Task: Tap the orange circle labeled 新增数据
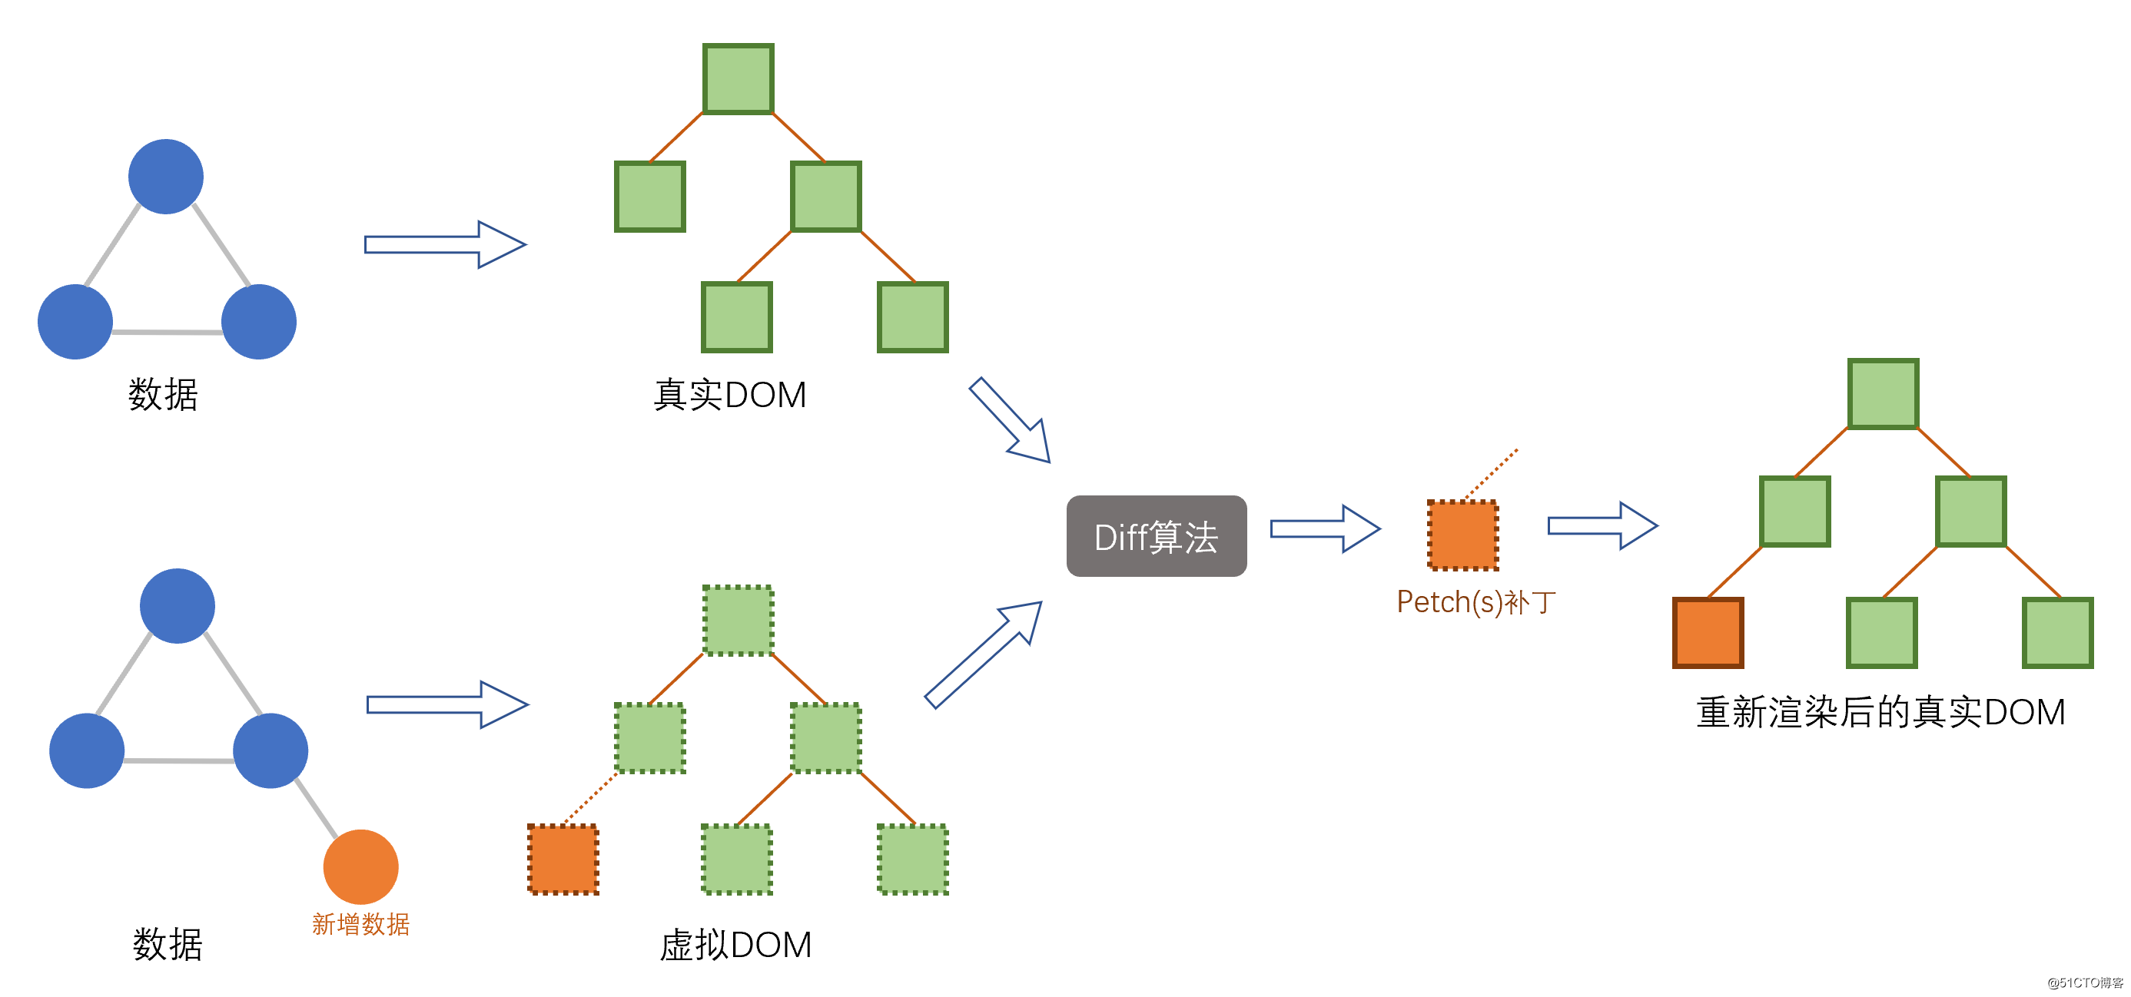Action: pos(360,866)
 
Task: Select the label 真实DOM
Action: pos(729,394)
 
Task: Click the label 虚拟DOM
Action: pos(735,944)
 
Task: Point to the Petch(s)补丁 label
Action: pos(1475,602)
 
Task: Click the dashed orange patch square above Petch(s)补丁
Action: pos(1462,535)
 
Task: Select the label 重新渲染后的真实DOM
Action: pos(1880,712)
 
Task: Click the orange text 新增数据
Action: pos(360,923)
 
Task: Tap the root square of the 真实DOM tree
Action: pos(738,78)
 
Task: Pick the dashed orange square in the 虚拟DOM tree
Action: pos(563,859)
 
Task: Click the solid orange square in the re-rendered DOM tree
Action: pos(1708,632)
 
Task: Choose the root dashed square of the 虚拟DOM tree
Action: pos(738,620)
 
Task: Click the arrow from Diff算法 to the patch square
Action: pos(1324,528)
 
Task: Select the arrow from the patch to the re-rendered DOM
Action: pos(1602,525)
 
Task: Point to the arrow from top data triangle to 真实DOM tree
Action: pos(444,245)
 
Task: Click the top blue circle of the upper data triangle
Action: pos(166,176)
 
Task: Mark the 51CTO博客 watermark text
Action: pos(2084,982)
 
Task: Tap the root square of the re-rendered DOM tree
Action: pos(1883,393)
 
